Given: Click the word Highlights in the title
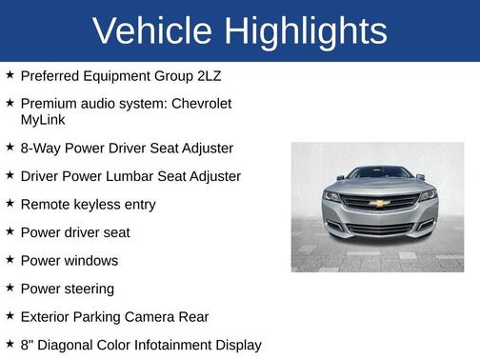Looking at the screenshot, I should click(x=306, y=31).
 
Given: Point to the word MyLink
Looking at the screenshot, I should click(x=44, y=121).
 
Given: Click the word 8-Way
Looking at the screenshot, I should click(x=40, y=149).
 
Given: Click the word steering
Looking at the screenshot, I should click(x=88, y=289).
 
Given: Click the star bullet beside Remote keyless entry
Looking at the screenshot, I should click(x=10, y=204).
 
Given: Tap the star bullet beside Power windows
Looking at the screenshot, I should click(x=10, y=260).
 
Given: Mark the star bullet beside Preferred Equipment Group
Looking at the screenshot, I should click(x=10, y=74).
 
